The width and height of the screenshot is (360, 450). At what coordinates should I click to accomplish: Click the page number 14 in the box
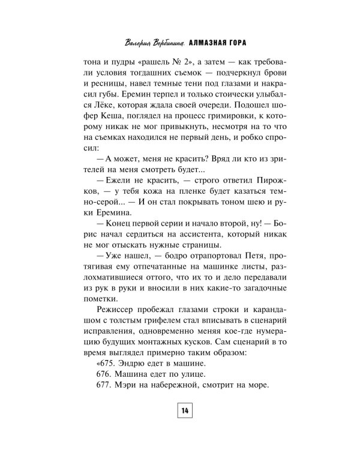tap(183, 411)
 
